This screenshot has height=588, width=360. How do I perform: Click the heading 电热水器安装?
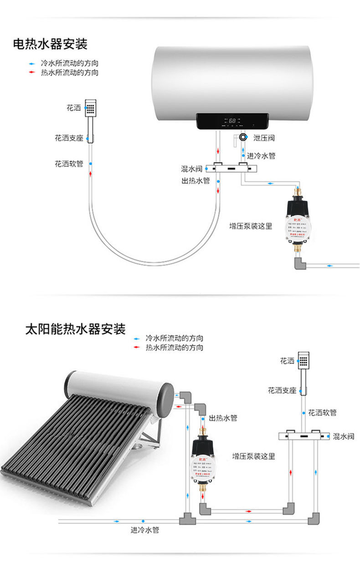tap(50, 44)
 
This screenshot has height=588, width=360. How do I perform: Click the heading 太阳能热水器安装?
tap(75, 329)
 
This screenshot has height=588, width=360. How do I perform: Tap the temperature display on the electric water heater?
tap(232, 121)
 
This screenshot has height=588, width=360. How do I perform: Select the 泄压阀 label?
tap(264, 138)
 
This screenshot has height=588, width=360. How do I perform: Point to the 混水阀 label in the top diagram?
tap(191, 169)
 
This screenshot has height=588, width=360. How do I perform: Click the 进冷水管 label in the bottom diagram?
tap(145, 530)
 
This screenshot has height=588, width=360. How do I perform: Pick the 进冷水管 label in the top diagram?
tap(261, 156)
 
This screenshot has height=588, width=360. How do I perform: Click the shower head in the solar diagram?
tap(303, 360)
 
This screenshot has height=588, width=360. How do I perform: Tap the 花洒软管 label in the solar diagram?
tap(322, 413)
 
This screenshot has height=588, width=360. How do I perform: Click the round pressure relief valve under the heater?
tap(243, 137)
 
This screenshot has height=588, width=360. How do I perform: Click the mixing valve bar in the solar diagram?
tap(303, 436)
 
